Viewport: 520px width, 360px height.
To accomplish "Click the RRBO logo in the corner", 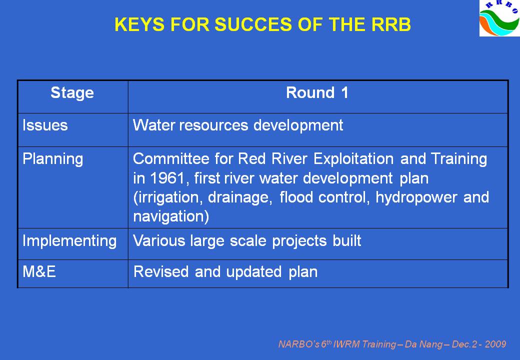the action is (x=500, y=18).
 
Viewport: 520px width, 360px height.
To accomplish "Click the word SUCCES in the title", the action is (x=253, y=24).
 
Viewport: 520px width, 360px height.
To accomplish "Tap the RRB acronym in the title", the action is (x=391, y=24).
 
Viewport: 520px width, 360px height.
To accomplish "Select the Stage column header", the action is (x=72, y=93).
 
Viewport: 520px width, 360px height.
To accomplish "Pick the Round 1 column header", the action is (x=317, y=92).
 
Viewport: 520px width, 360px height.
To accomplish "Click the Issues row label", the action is (x=45, y=125).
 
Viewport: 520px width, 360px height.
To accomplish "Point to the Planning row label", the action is (x=52, y=159).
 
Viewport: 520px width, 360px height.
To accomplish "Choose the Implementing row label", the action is (x=69, y=241).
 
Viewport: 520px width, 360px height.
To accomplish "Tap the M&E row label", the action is (x=39, y=272).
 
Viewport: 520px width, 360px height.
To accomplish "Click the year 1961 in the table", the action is (x=167, y=178).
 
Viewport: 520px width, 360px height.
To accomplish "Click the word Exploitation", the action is (x=353, y=159).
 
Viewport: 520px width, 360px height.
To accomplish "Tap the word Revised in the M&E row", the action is (x=161, y=272).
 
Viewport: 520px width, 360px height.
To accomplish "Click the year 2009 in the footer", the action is (x=496, y=344).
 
